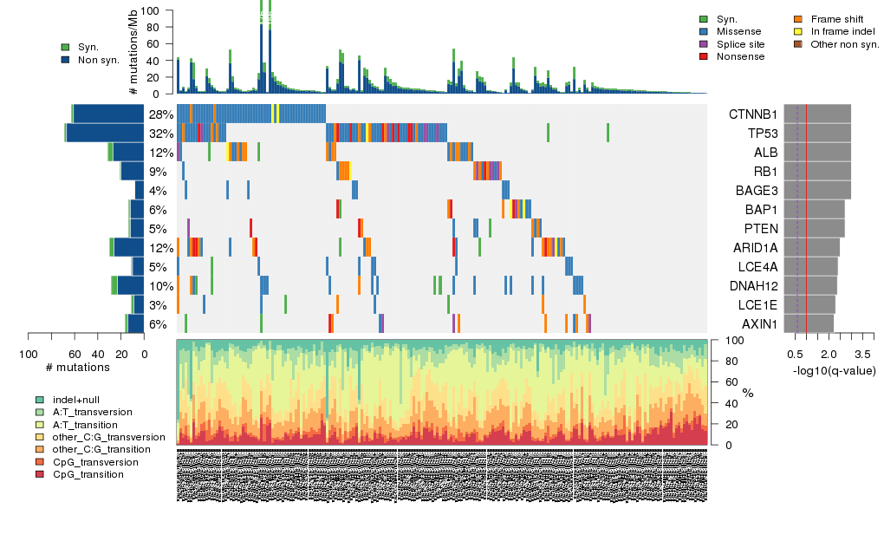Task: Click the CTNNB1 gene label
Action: tap(752, 114)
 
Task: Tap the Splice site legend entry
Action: tap(740, 43)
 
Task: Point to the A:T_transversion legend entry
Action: tap(92, 412)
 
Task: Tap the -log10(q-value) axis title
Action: tap(834, 371)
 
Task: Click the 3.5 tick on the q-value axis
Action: tap(862, 355)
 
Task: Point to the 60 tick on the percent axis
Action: tap(725, 382)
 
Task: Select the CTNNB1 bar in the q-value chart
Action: tap(817, 114)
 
